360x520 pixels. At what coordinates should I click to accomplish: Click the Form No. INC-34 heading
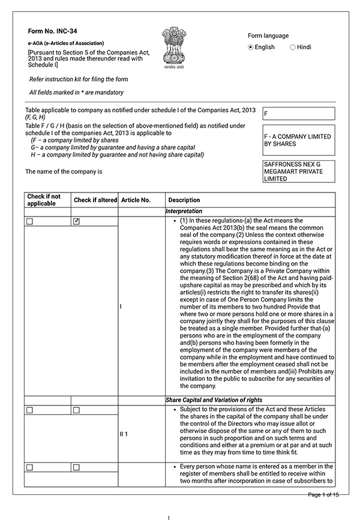[52, 31]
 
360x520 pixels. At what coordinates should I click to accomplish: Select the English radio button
[251, 47]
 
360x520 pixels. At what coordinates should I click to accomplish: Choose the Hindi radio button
[293, 47]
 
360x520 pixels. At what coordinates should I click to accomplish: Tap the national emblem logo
[175, 48]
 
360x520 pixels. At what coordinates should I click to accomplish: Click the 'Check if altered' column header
[95, 200]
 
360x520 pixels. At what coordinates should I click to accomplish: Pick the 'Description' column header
[184, 200]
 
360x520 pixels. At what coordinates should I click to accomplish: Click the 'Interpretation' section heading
[184, 212]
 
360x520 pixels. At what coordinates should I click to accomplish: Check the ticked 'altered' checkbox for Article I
[76, 221]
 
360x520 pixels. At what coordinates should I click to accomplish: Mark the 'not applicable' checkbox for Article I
[29, 221]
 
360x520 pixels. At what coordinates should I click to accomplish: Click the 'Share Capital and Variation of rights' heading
[213, 399]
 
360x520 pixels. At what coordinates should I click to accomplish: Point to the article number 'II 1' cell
[124, 434]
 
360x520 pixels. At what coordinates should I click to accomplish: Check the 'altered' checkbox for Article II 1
[76, 410]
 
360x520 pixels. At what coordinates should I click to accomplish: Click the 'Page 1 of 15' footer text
[323, 494]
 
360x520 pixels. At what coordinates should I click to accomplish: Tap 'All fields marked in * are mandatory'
[76, 92]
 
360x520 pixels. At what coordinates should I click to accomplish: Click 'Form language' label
[268, 35]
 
